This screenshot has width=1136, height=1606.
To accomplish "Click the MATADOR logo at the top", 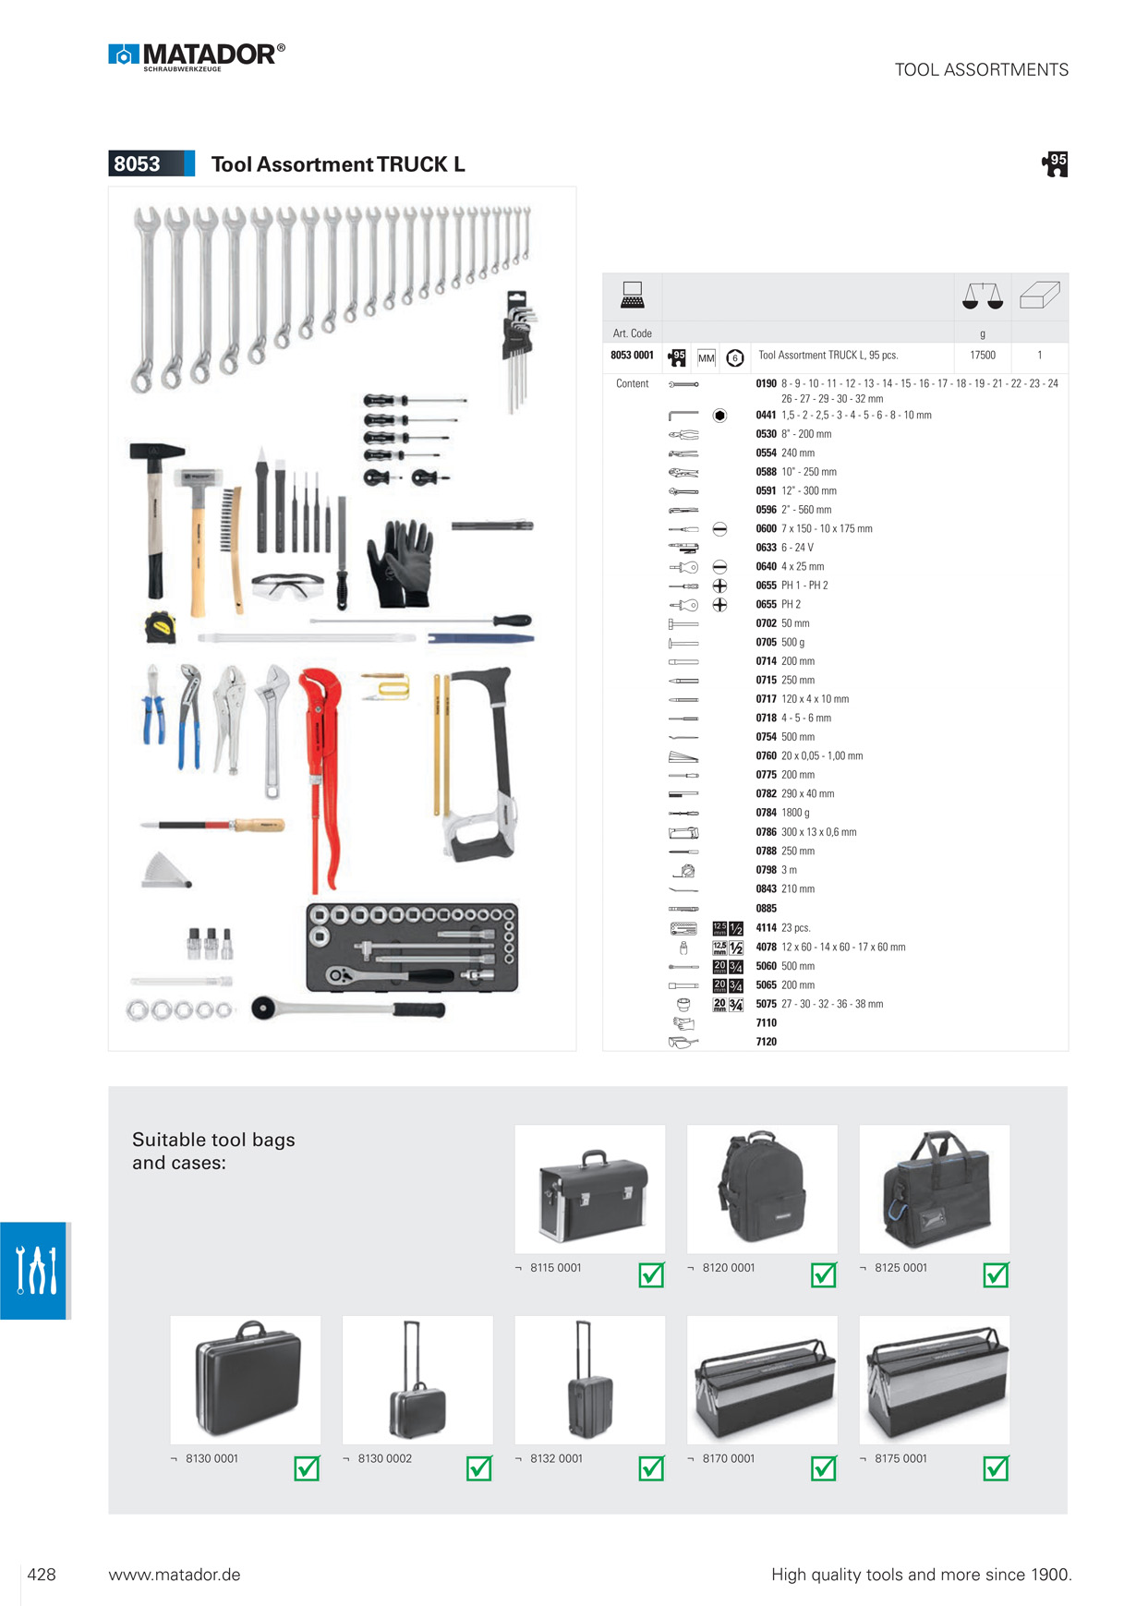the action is coord(197,56).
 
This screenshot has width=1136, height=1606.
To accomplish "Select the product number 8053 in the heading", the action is coord(137,164).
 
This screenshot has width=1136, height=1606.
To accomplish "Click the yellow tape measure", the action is coord(161,627).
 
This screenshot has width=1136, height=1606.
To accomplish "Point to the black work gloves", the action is coord(400,561).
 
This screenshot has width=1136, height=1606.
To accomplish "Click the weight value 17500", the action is coord(982,356).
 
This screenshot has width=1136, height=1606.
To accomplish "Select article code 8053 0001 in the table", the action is coord(632,356).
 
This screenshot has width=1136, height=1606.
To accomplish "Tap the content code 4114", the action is coord(766,928).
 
